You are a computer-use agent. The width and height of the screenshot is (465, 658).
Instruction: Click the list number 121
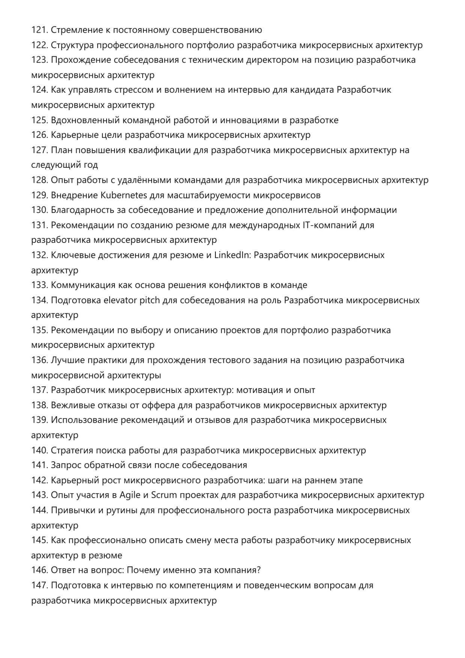click(x=39, y=30)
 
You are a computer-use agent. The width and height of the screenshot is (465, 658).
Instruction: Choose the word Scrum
click(x=164, y=495)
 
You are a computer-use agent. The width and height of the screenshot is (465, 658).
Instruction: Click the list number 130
click(x=39, y=210)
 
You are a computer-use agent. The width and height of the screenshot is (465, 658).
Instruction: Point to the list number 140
click(x=39, y=450)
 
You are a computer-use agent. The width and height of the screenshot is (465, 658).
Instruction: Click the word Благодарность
click(x=83, y=210)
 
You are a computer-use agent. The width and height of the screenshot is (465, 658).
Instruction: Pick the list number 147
click(x=39, y=585)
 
